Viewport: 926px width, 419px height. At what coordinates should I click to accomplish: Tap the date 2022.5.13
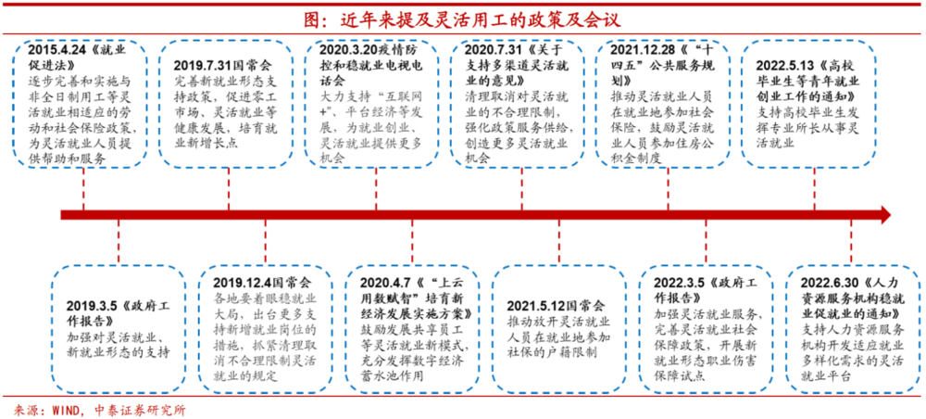(785, 66)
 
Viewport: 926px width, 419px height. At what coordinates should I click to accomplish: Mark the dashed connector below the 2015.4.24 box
(83, 190)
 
